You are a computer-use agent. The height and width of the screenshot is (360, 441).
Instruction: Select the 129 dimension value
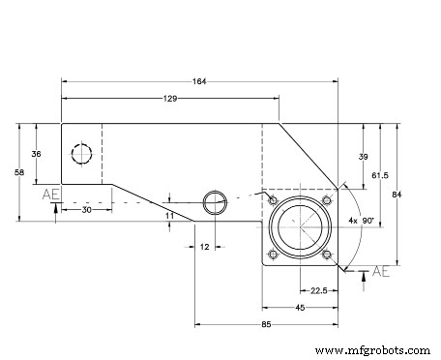(170, 100)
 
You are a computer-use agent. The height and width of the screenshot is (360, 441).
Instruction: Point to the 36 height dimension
(36, 153)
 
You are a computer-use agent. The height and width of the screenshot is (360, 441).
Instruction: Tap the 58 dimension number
(18, 171)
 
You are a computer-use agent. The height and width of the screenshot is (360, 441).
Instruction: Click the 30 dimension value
(86, 209)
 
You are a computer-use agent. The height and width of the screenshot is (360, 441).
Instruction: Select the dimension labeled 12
(205, 248)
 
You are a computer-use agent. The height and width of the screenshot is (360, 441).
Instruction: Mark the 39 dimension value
(363, 156)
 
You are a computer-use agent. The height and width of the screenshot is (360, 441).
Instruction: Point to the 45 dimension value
(300, 307)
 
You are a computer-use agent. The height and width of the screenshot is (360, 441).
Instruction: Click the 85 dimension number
(266, 324)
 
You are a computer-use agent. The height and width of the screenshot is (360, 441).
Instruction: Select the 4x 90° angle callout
(361, 220)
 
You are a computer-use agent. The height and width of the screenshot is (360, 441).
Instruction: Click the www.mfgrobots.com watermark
(373, 349)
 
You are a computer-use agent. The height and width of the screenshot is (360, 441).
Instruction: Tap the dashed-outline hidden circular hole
(80, 154)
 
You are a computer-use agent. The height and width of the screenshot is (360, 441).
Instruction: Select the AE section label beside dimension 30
(51, 195)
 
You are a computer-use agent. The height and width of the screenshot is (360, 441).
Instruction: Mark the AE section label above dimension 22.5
(380, 270)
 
